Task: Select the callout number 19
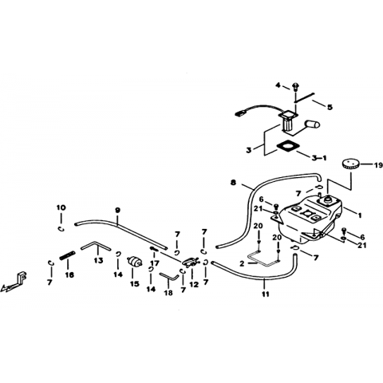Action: [377, 165]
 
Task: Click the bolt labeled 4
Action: [295, 86]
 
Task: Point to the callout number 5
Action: [330, 107]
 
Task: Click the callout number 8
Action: [233, 183]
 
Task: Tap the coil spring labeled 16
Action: [67, 256]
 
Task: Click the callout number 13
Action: [98, 260]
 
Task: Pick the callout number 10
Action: [61, 207]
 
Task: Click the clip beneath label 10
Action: [61, 229]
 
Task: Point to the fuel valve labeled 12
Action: [191, 262]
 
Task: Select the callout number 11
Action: [265, 294]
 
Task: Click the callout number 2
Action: [242, 263]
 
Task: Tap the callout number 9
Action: [117, 210]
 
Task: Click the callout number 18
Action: [168, 293]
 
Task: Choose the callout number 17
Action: [155, 263]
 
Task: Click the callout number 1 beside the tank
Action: [360, 215]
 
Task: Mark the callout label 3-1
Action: [319, 158]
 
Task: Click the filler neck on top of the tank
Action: [328, 200]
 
